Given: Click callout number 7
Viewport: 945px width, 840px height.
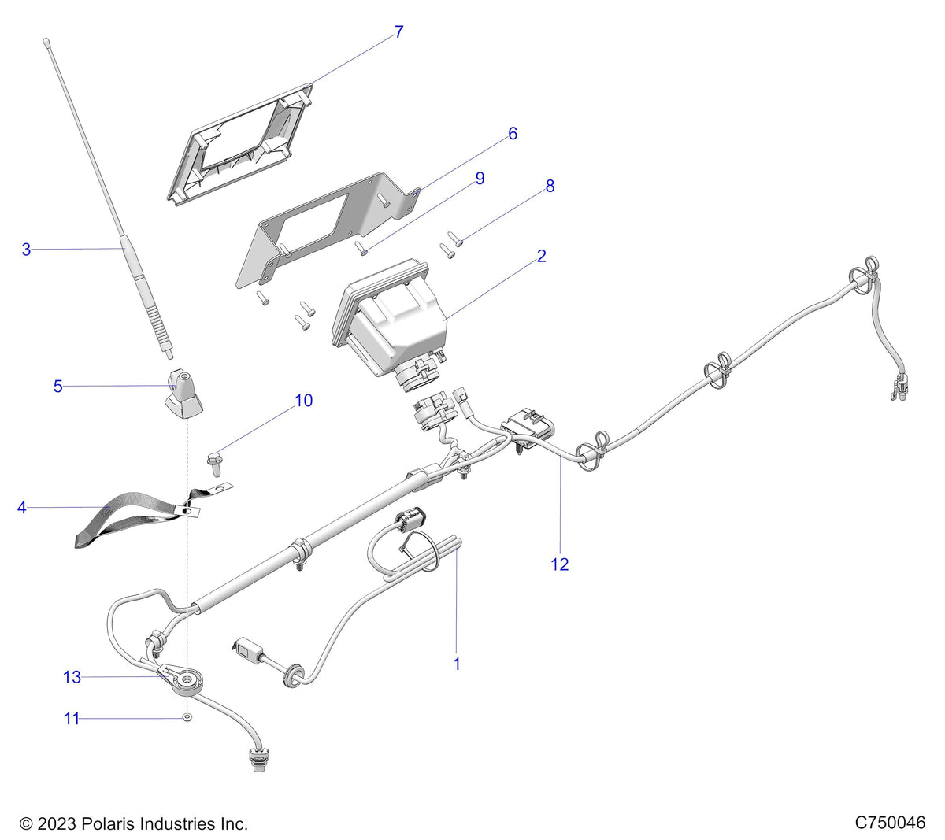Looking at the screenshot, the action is point(398,32).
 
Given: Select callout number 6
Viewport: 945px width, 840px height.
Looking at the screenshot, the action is point(513,134).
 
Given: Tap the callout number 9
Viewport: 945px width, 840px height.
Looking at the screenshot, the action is point(480,178).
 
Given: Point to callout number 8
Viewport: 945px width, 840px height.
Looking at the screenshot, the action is point(550,186).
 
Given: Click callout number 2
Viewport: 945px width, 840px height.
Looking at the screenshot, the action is point(541,256).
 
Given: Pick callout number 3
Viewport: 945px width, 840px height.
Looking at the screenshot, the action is point(26,250).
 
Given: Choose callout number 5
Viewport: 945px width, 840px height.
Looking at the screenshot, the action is point(57,387).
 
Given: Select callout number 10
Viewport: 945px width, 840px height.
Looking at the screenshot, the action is point(304,400).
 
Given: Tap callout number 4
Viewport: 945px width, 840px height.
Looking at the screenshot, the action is point(21,508).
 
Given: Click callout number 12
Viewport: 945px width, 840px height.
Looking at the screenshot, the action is point(560,564).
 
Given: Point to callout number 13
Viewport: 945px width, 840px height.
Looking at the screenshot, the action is point(72,677).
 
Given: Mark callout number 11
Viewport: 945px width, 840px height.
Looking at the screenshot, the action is point(72,718).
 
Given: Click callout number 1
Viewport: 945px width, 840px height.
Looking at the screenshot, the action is point(457,664).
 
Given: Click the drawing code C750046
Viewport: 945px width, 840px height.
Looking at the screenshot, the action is point(890,822).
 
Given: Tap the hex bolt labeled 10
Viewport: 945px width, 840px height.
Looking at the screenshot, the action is point(214,464).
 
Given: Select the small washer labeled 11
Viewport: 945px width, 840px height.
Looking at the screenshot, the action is point(187,717).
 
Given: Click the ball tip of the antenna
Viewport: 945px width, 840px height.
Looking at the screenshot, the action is point(46,42).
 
